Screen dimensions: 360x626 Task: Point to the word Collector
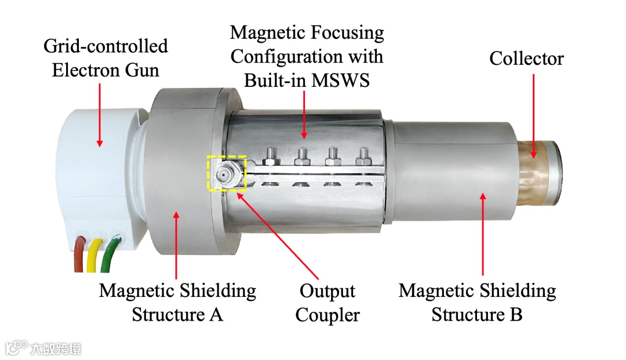(526, 59)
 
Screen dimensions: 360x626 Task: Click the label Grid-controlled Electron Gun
(105, 58)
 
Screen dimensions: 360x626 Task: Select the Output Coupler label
(327, 303)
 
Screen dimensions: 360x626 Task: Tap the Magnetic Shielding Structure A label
(177, 302)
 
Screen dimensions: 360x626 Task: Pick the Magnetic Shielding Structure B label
(477, 302)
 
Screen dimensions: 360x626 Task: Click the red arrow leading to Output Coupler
(278, 232)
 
